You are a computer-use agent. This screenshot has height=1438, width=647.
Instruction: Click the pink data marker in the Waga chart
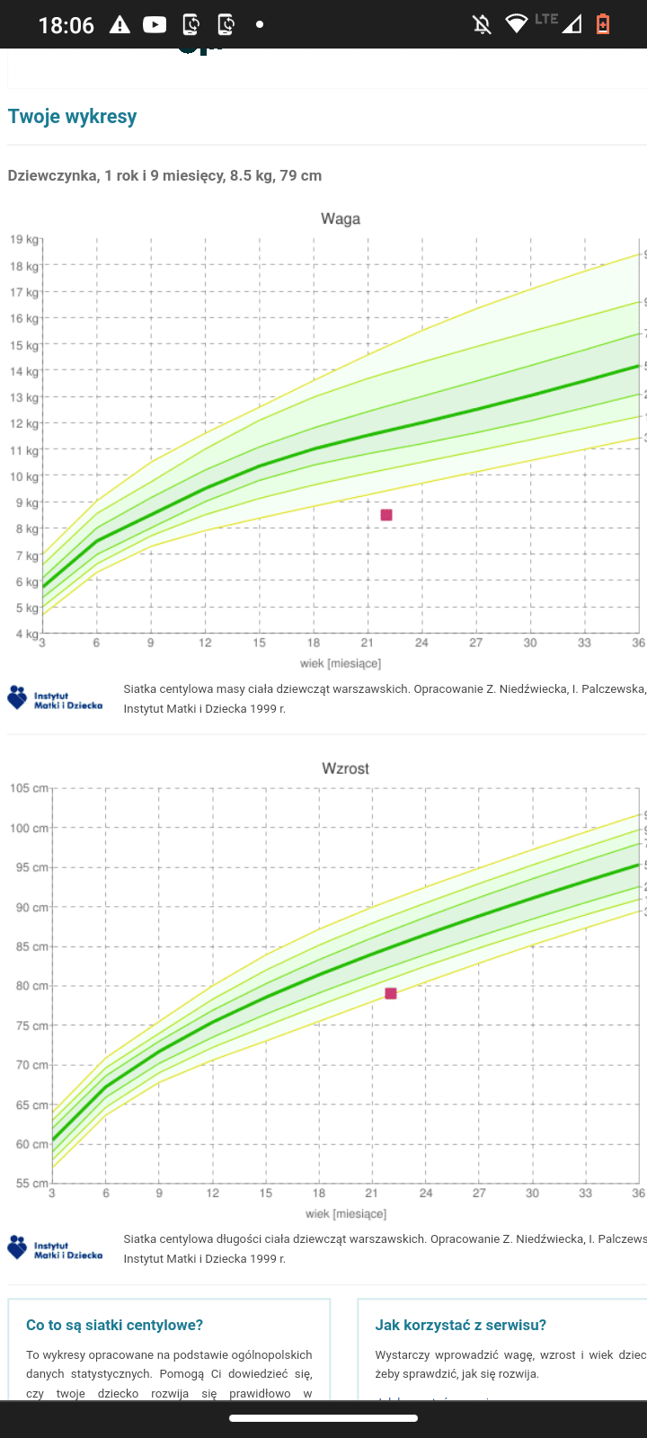386,515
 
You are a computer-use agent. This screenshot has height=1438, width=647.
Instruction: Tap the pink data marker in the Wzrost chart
391,993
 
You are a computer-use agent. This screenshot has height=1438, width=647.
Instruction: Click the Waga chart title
341,218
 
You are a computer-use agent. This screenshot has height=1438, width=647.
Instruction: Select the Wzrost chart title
345,768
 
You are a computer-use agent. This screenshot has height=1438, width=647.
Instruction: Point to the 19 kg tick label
24,240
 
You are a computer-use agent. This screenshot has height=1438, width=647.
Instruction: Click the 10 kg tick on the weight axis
24,476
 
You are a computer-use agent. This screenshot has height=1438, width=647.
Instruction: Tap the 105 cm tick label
29,788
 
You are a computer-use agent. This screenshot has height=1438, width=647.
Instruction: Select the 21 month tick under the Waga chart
368,643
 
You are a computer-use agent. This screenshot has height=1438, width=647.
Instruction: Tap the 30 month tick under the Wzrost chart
532,1193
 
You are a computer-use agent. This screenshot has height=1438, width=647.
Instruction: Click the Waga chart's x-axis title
341,663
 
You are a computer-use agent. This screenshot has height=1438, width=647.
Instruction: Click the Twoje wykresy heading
72,116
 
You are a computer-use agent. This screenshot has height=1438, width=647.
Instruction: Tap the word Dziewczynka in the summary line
52,175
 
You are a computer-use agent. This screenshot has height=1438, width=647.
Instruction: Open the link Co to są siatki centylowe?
114,1325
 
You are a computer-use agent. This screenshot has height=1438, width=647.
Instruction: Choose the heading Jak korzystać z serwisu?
460,1325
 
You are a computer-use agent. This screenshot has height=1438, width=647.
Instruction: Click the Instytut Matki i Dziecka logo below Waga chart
55,698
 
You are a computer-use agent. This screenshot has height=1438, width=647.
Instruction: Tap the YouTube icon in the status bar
155,24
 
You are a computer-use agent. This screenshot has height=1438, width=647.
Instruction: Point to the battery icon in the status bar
603,24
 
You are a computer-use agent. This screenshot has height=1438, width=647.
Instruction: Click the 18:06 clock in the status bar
66,25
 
